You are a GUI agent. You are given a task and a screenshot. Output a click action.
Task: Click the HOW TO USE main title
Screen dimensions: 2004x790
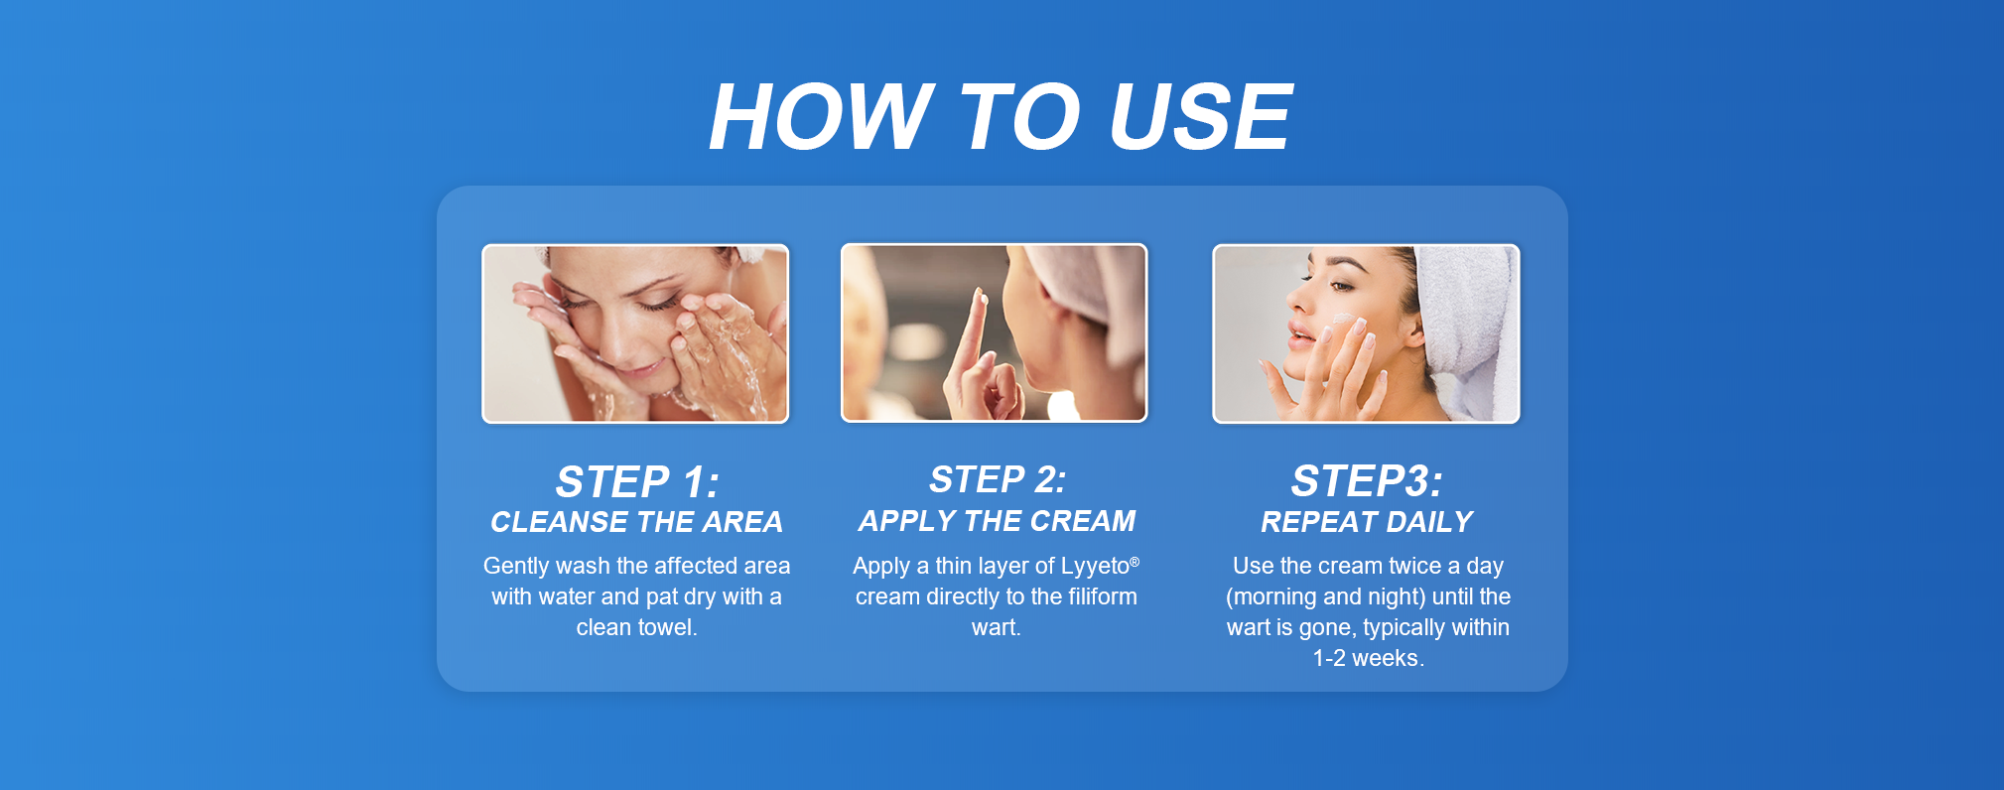(x=1001, y=117)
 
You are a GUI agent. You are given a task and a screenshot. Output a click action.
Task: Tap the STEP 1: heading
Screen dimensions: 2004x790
(x=637, y=482)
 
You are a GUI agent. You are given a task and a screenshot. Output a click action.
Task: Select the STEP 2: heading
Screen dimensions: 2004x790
(x=998, y=479)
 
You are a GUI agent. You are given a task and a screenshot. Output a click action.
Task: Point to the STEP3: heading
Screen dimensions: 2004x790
(x=1367, y=481)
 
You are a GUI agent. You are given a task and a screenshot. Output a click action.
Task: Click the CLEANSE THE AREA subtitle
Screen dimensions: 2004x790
(x=636, y=522)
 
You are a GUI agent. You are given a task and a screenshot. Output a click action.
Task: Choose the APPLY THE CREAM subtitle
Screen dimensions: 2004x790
(x=997, y=521)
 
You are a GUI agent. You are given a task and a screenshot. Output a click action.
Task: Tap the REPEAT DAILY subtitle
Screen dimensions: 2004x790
(x=1367, y=522)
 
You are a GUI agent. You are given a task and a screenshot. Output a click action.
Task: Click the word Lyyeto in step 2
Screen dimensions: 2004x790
(x=1095, y=567)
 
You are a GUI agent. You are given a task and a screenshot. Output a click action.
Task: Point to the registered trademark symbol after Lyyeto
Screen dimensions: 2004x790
(x=1135, y=561)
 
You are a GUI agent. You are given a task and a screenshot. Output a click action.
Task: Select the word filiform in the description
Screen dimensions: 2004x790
(x=1102, y=596)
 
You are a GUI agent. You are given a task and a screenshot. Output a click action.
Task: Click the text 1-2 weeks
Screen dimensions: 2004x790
(x=1368, y=658)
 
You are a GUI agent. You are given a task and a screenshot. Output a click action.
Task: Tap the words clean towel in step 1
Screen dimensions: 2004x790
(x=636, y=627)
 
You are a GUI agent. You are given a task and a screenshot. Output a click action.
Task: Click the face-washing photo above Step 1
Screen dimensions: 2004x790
(x=635, y=333)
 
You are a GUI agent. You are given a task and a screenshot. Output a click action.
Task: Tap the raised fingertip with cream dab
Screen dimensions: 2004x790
(x=983, y=298)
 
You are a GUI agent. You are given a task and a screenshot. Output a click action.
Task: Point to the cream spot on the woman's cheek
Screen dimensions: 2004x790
(x=1343, y=320)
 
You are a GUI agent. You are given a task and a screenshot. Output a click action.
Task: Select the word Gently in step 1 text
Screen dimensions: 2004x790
(x=516, y=567)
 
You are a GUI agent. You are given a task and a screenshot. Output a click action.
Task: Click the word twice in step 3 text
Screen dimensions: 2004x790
(x=1414, y=566)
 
